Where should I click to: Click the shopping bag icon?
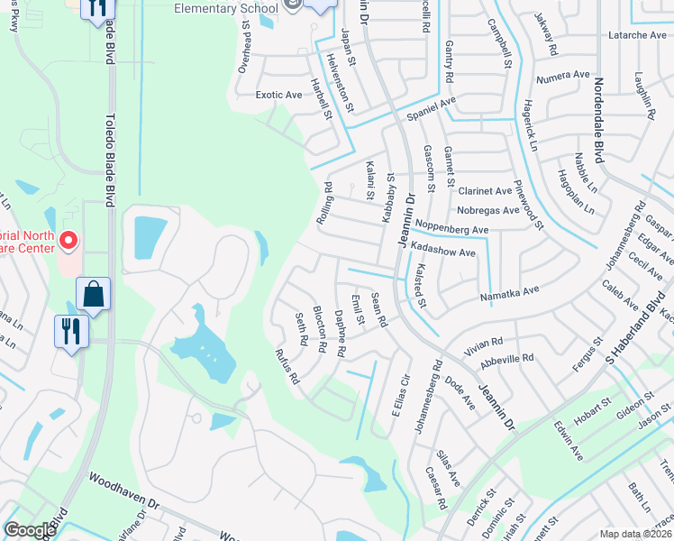pos(93,294)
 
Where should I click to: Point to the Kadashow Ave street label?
pos(442,253)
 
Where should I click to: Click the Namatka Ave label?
pos(509,290)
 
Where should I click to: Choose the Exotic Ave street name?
pos(278,95)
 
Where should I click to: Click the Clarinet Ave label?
pos(485,191)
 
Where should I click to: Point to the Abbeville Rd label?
pos(508,358)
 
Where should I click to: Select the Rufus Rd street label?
pos(287,366)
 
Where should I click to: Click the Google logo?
pos(30,530)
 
